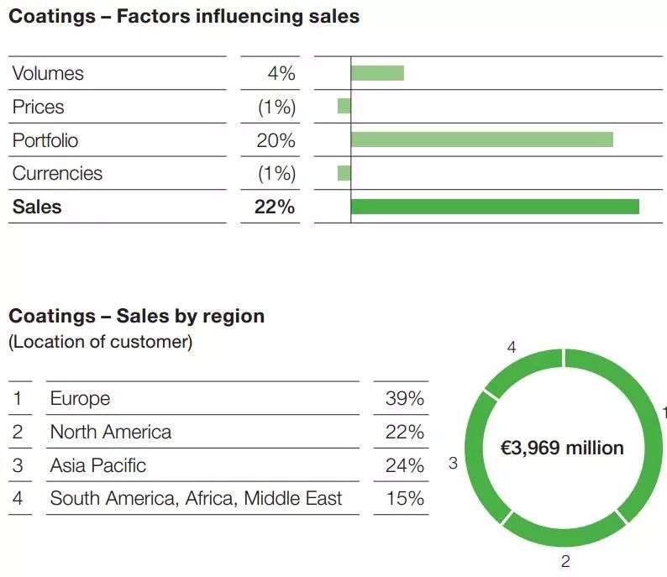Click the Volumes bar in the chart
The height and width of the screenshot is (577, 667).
[x=377, y=73]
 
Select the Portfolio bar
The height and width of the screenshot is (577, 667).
[x=481, y=139]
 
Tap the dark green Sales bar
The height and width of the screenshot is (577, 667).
[x=495, y=207]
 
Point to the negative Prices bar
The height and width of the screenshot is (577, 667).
[x=344, y=107]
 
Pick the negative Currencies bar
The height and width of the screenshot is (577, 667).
[x=344, y=173]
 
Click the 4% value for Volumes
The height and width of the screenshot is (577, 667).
[x=281, y=74]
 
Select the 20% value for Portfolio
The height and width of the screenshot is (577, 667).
[x=276, y=140]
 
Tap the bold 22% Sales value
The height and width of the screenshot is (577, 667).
[x=275, y=207]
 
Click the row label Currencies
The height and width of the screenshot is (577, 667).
[x=57, y=174]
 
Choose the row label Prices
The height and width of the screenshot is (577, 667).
[x=38, y=108]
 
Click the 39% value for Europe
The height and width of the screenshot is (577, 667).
[x=404, y=398]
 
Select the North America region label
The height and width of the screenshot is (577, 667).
[x=110, y=432]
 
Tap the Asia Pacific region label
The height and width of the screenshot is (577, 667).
[x=97, y=465]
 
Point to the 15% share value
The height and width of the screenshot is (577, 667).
[x=404, y=498]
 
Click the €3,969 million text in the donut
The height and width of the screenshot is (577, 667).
[x=562, y=448]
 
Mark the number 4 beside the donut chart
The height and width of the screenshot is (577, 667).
[x=512, y=347]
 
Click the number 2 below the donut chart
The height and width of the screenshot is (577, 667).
[x=565, y=562]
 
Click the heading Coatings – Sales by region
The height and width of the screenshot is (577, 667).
[x=136, y=317]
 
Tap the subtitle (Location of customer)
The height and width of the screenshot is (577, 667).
[x=100, y=342]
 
